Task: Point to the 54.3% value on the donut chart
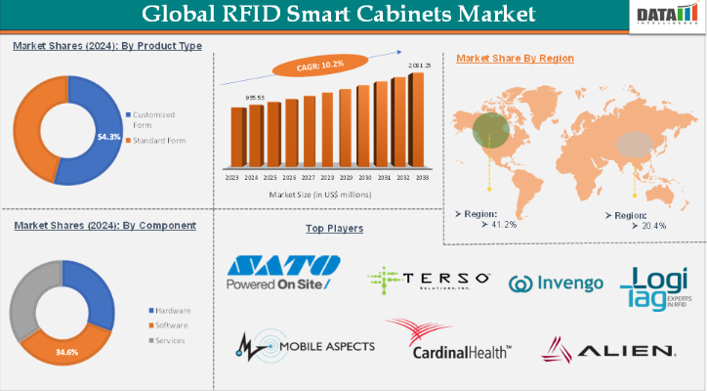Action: [108, 137]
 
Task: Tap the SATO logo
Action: [282, 272]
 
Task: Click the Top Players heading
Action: [334, 228]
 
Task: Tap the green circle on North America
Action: [490, 131]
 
